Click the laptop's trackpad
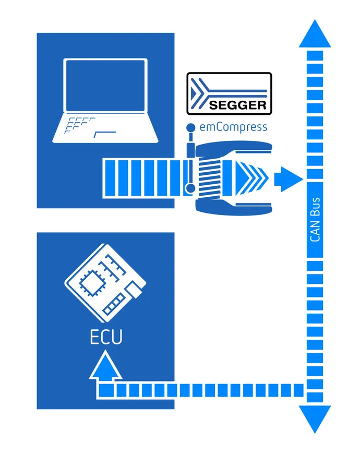pyautogui.click(x=105, y=134)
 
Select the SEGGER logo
pyautogui.click(x=230, y=93)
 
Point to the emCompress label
pyautogui.click(x=233, y=127)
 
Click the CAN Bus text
pyautogui.click(x=315, y=219)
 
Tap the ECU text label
pyautogui.click(x=106, y=337)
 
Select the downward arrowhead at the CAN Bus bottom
pyautogui.click(x=314, y=418)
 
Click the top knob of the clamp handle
pyautogui.click(x=191, y=127)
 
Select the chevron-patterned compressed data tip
pyautogui.click(x=256, y=178)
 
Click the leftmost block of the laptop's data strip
pyautogui.click(x=109, y=178)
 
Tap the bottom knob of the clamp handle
pyautogui.click(x=191, y=188)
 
